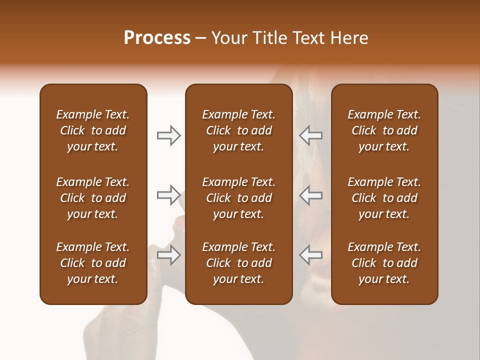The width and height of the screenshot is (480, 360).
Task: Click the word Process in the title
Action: point(157,38)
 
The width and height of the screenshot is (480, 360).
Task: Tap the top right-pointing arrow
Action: point(168,135)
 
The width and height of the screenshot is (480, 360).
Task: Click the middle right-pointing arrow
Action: point(168,195)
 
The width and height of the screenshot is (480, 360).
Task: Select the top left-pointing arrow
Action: point(310,135)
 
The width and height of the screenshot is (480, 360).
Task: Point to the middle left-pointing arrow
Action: point(310,195)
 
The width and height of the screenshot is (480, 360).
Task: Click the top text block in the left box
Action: point(93,130)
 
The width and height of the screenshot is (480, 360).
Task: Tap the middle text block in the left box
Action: point(93,198)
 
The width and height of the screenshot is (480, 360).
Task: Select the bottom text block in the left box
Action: point(93,263)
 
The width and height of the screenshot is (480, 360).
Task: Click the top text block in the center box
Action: point(238,130)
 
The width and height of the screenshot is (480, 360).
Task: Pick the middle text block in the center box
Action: point(238,198)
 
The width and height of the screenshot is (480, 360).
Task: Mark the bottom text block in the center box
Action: point(238,263)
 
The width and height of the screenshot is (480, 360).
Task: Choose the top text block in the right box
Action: point(384,130)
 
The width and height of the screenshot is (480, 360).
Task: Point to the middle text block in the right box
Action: point(384,198)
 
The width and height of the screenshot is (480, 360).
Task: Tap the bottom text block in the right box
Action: point(384,263)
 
